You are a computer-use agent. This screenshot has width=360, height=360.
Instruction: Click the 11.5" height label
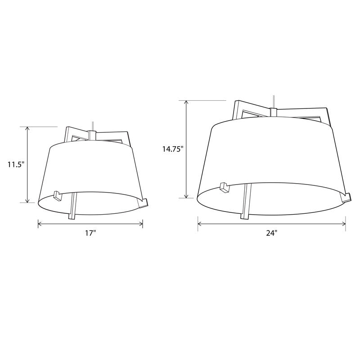tap(16, 164)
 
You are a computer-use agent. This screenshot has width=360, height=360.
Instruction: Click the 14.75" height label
tap(173, 149)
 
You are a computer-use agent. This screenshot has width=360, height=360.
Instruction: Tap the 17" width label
tap(90, 233)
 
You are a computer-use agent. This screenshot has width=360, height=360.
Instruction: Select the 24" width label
tap(272, 233)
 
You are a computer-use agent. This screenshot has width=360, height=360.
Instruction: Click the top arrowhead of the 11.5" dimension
tap(27, 129)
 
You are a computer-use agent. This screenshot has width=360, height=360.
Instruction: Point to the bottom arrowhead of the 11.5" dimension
tap(27, 200)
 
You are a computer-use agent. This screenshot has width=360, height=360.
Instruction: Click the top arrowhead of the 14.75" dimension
tap(187, 103)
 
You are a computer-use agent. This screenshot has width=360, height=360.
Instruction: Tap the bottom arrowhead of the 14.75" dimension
tap(187, 196)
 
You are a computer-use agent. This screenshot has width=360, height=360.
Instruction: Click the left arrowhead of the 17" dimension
tap(40, 224)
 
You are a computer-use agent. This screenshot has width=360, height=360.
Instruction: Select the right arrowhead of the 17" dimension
tap(140, 224)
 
